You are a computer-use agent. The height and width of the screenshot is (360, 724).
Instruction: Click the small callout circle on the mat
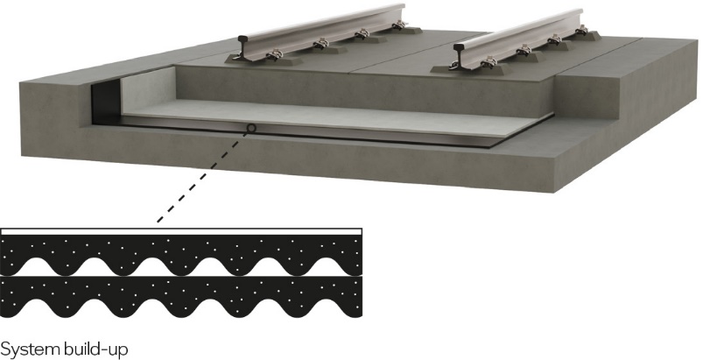tap(250, 128)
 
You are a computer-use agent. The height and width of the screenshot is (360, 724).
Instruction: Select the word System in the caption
tap(30, 349)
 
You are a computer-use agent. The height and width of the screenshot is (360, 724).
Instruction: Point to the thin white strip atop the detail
tap(181, 231)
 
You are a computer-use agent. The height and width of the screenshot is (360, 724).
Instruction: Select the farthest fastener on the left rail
tap(398, 25)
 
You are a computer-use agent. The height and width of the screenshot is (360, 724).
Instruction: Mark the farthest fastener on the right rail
tap(581, 30)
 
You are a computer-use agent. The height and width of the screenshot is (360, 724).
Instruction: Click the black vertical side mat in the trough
tap(106, 98)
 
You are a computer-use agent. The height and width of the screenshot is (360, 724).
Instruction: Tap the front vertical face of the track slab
tap(365, 91)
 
